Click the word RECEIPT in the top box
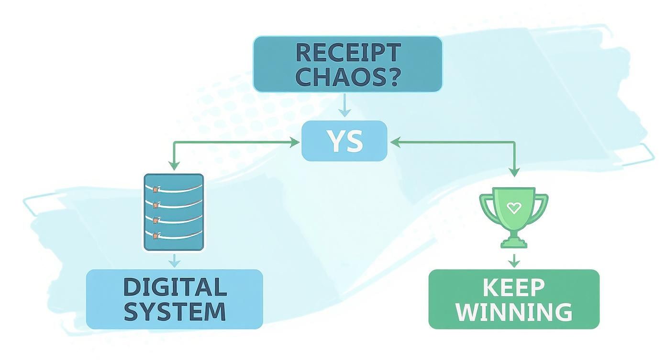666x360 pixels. point(347,52)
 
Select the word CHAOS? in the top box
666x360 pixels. point(347,77)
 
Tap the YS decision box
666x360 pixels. point(344,141)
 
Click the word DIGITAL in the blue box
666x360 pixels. point(175,287)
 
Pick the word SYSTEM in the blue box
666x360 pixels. point(175,311)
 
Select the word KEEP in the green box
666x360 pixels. point(513,288)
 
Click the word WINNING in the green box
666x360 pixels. point(513,312)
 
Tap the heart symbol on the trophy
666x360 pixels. point(513,208)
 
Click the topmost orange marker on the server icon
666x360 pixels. point(155,190)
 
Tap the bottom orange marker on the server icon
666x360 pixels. point(155,235)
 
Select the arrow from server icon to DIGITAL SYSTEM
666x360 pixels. point(175,260)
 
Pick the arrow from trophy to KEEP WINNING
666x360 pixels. point(514,260)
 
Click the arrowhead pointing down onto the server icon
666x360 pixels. point(174,166)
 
